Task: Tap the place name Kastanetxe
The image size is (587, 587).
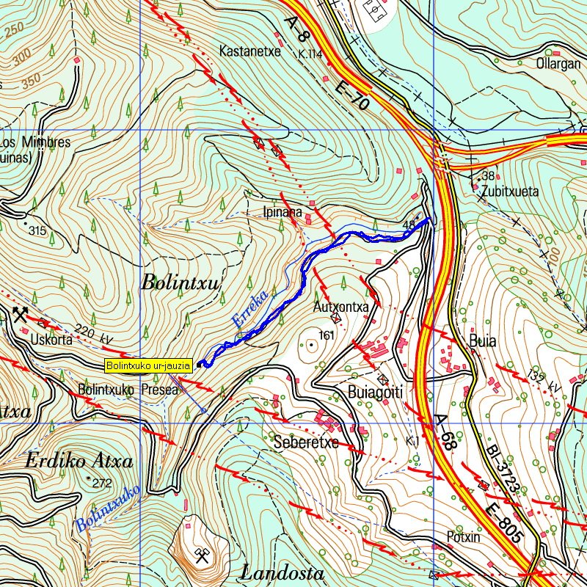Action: [x=250, y=51]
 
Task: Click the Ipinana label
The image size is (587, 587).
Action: [x=282, y=213]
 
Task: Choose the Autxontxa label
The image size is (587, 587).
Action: [x=340, y=307]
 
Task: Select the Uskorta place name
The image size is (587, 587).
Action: [x=54, y=340]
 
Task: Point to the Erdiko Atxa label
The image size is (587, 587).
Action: [x=79, y=462]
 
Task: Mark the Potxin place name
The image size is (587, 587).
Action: [x=463, y=537]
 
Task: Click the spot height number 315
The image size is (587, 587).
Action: [x=37, y=231]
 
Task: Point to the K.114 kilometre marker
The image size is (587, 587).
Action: [x=310, y=54]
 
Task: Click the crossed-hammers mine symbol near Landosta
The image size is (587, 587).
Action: [x=200, y=554]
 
